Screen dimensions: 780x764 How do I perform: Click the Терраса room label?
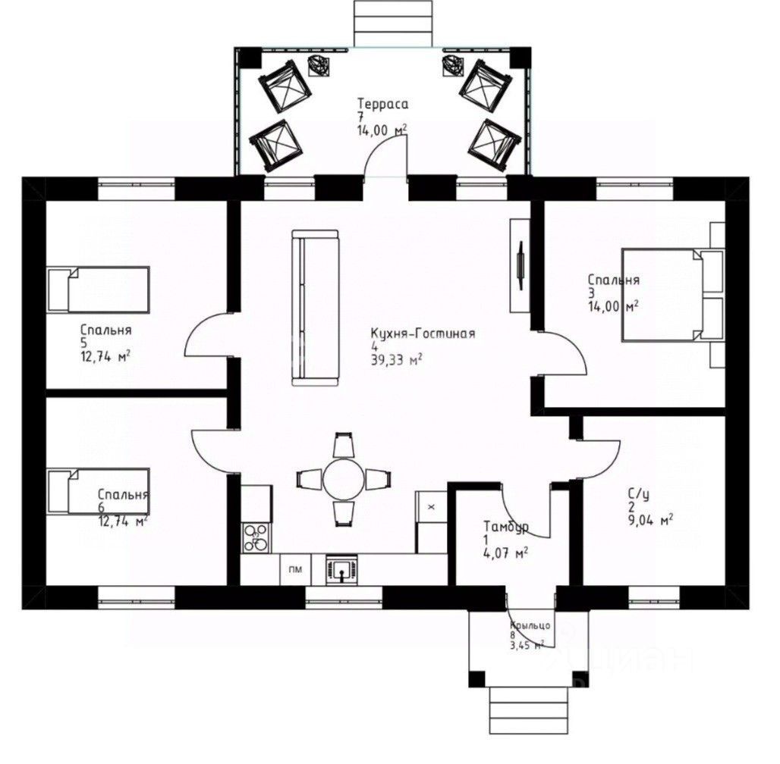[382, 104]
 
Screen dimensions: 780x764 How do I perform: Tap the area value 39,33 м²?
[397, 360]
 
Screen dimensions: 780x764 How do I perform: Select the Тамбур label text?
[506, 527]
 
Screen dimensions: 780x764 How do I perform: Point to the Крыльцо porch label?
[530, 626]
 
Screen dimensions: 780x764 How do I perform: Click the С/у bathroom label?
[638, 494]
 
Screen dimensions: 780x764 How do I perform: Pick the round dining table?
[343, 479]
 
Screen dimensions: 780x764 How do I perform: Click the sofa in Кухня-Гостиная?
[315, 308]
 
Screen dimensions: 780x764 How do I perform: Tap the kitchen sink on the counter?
[341, 568]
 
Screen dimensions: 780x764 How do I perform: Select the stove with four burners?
[256, 538]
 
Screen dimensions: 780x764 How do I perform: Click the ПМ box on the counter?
[295, 570]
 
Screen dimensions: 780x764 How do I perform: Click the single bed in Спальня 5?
[99, 290]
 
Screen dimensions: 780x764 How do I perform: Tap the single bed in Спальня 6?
[99, 492]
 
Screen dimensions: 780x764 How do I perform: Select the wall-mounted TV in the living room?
[520, 265]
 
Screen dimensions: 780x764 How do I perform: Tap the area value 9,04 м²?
[651, 521]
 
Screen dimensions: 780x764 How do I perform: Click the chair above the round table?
[344, 445]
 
